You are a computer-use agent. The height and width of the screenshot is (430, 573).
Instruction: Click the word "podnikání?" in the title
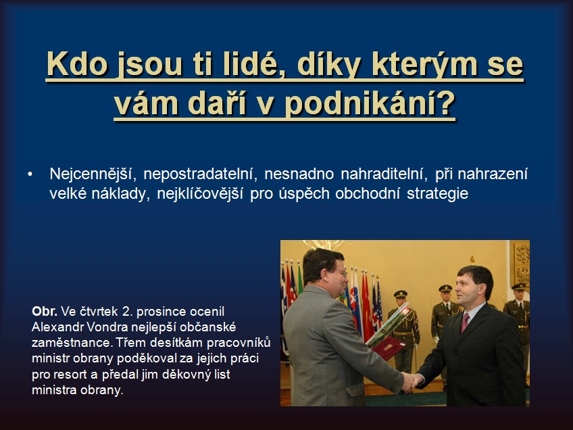click(370, 103)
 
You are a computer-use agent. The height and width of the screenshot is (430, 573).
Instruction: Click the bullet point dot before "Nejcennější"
click(30, 174)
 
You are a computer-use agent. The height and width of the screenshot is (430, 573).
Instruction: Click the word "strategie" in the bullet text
click(437, 193)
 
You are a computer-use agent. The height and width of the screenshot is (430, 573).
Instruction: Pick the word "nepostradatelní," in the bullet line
click(200, 174)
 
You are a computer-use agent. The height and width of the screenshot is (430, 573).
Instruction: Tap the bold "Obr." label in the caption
click(45, 311)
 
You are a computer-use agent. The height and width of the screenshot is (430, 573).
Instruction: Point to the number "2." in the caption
click(127, 311)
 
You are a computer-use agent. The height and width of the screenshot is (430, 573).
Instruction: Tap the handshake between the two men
click(412, 381)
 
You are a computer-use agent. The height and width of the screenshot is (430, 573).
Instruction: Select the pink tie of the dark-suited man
click(464, 322)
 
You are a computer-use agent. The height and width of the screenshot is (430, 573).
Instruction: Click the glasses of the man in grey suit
click(341, 272)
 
